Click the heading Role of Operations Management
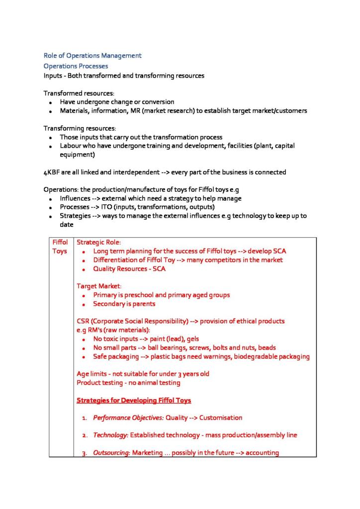[x=92, y=56]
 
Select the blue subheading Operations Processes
[x=76, y=66]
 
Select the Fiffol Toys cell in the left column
[x=60, y=247]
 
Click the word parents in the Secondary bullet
[x=143, y=304]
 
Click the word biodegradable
[x=251, y=356]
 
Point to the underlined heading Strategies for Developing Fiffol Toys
[x=134, y=400]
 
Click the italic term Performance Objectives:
[x=128, y=418]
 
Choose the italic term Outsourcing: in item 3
[x=111, y=453]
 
